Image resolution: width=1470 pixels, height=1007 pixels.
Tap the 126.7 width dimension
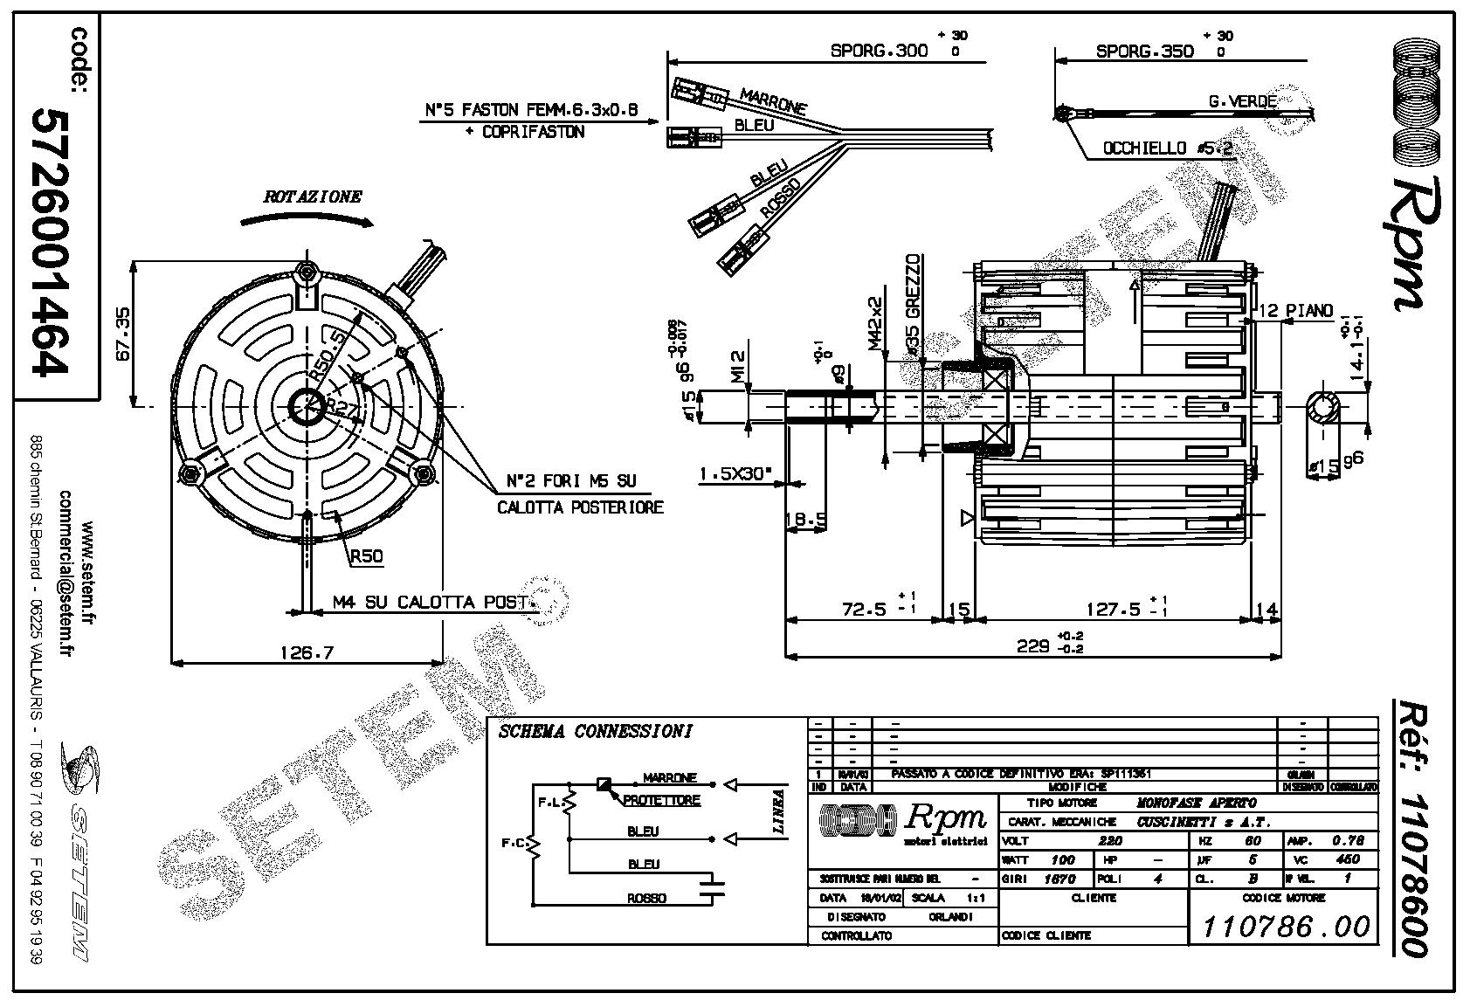tap(306, 652)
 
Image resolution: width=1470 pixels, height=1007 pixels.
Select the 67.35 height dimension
tap(121, 334)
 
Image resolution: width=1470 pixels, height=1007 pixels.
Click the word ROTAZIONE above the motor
tap(313, 197)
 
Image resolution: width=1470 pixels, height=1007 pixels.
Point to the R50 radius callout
tap(366, 556)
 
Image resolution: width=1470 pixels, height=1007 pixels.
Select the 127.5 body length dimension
tap(1110, 609)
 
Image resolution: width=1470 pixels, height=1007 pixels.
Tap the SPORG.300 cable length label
tap(879, 51)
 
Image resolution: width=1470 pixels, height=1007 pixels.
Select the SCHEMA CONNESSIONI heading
tap(596, 731)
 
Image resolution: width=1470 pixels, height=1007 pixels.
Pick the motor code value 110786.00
tap(1286, 926)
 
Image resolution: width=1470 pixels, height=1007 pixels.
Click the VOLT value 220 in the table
tap(1108, 841)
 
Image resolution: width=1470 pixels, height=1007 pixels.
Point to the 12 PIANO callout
tap(1296, 311)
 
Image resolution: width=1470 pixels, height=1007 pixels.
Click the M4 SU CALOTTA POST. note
tap(430, 603)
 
